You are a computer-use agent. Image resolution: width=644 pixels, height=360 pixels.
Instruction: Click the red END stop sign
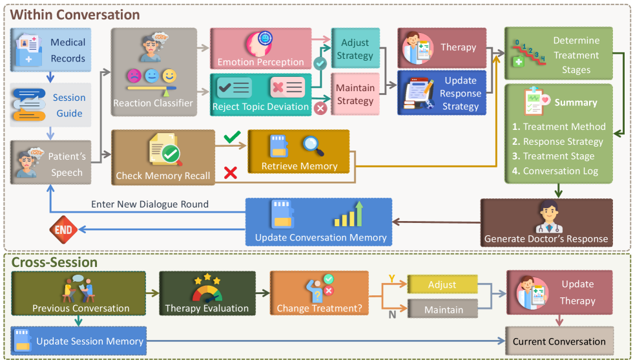coord(64,229)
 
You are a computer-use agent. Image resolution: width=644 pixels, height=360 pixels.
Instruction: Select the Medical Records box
coord(50,50)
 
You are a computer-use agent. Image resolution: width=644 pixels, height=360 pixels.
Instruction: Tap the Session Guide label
coord(69,105)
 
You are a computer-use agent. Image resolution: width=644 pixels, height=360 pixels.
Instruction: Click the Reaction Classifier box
coord(153,72)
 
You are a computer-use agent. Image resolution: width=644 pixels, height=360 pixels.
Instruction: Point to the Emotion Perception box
coord(260,48)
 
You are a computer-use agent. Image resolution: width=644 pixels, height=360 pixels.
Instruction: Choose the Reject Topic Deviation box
coord(260,94)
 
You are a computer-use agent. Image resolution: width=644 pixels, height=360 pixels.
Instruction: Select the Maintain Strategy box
coord(355,94)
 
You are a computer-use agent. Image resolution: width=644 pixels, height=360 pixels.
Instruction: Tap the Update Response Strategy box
coord(442,93)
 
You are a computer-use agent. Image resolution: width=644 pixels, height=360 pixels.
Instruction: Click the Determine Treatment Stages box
coord(558,54)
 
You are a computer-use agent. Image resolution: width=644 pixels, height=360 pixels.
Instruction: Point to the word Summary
coord(576,102)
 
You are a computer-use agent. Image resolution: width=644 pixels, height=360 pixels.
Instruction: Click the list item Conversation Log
coord(560,171)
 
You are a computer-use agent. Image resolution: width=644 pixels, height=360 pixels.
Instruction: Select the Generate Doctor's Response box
coord(546,224)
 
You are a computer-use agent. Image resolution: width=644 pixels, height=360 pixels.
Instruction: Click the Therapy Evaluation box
coord(207,293)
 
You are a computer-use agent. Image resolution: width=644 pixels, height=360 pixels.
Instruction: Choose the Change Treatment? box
coord(319,293)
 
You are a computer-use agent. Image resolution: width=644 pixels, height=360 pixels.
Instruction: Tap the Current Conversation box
coord(559,341)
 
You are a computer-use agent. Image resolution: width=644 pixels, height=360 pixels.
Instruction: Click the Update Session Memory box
coord(79,341)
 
